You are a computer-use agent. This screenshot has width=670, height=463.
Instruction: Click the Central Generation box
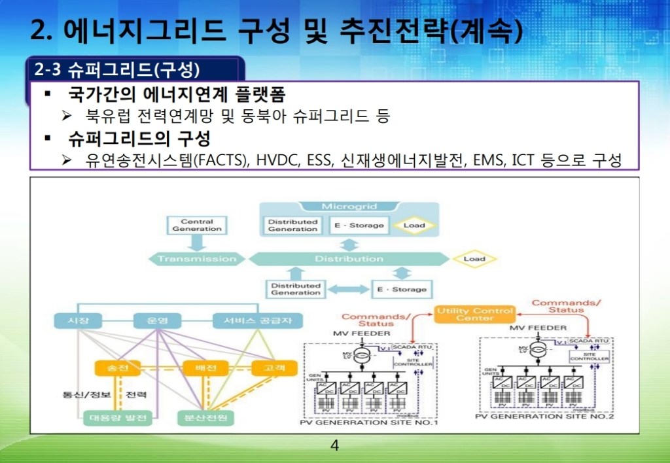[x=197, y=226]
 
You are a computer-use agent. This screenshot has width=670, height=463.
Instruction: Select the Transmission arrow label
[x=197, y=259]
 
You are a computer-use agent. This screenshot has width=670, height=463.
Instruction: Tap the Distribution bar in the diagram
[x=349, y=259]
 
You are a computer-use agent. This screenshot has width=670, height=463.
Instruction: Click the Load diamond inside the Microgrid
[x=414, y=226]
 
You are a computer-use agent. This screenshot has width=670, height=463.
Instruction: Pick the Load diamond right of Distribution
[x=474, y=259]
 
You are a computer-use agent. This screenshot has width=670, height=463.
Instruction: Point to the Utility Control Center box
[x=474, y=314]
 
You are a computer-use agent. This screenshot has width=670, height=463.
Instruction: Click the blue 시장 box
[x=78, y=321]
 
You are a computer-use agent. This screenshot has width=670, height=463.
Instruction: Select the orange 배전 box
[x=200, y=368]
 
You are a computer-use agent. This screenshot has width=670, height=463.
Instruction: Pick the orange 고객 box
[x=270, y=368]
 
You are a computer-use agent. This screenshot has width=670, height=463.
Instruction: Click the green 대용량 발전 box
[x=118, y=417]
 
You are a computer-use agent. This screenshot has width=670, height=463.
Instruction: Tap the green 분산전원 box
[x=205, y=417]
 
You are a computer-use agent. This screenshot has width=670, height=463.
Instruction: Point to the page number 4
[x=335, y=447]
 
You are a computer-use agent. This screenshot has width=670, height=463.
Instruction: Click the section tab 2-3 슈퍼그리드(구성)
[x=118, y=69]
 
